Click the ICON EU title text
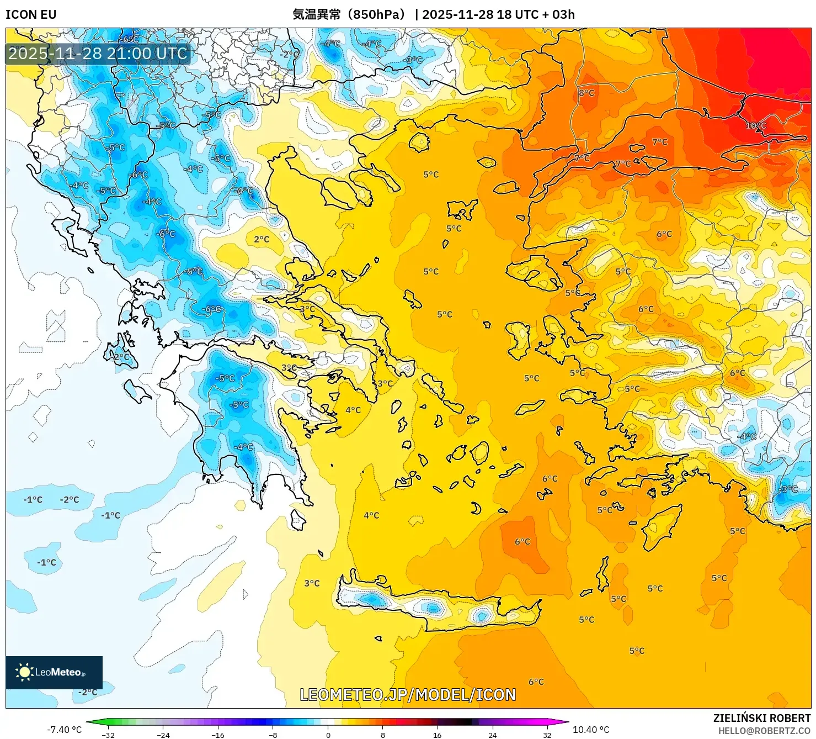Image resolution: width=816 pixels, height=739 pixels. (x=31, y=14)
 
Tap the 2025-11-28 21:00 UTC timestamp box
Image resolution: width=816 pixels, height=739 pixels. (x=98, y=54)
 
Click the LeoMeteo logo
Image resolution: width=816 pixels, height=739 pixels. (x=54, y=672)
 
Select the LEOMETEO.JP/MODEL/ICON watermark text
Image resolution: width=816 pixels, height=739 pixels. (x=408, y=695)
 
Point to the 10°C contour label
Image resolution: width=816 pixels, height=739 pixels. (x=756, y=126)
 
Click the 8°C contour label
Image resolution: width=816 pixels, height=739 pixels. (x=586, y=93)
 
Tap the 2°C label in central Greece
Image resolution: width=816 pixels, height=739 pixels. (x=262, y=239)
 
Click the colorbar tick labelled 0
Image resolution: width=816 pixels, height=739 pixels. (x=328, y=735)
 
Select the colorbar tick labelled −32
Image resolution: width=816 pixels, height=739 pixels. (x=108, y=735)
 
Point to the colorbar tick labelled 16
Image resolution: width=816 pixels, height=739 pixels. (x=438, y=735)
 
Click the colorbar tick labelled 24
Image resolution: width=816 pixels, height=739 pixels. (x=492, y=735)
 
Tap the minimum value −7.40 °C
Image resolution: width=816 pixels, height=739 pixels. (x=64, y=730)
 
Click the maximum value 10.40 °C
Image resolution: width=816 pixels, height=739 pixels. (x=591, y=730)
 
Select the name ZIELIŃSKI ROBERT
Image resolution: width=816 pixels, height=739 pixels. (x=761, y=718)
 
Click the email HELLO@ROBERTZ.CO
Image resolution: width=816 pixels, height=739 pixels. (x=764, y=731)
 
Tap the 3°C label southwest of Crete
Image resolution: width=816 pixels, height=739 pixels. (x=312, y=583)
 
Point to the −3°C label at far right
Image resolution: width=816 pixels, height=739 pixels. (x=787, y=489)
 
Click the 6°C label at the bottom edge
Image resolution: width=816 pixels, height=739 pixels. (x=536, y=682)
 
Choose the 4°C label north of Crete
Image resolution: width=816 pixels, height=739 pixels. (x=371, y=515)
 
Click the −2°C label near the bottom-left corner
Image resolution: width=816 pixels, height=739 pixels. (x=87, y=692)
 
